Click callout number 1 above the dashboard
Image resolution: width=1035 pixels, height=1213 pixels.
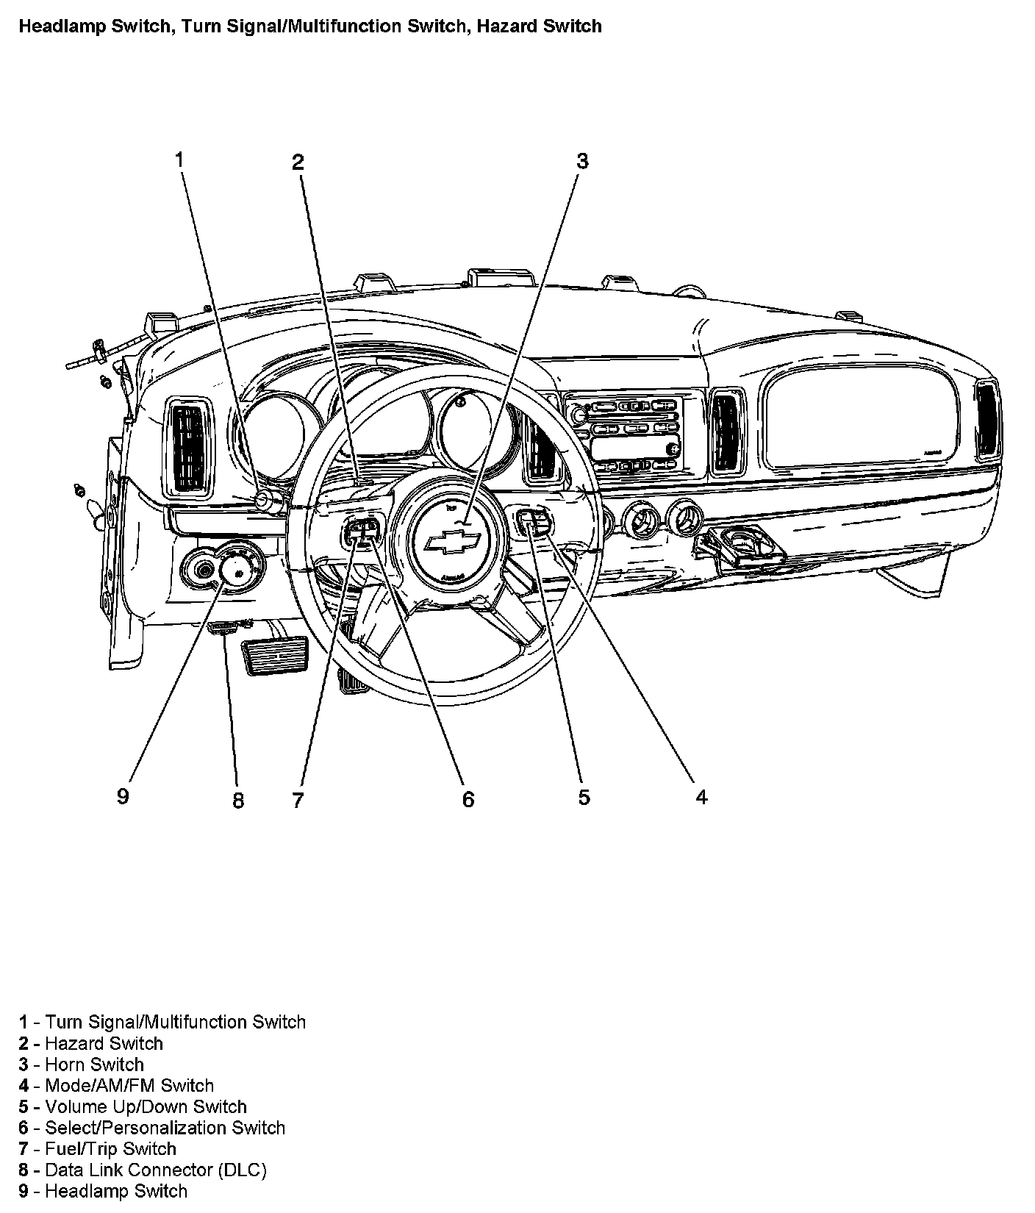tap(179, 159)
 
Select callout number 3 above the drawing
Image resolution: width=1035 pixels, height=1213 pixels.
tap(582, 161)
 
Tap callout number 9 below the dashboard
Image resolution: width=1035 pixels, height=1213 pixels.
tap(123, 795)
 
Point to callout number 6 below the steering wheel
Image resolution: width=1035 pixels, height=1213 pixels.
tap(468, 798)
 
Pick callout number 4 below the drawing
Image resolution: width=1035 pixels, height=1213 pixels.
tap(701, 797)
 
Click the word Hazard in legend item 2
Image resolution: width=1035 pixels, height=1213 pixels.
tap(71, 1043)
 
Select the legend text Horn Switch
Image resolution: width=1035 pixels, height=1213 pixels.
tap(94, 1064)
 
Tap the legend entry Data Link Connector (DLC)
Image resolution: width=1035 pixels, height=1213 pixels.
tap(155, 1170)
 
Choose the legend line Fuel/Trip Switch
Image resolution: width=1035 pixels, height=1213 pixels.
tap(110, 1148)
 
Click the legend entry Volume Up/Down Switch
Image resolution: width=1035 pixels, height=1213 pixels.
tap(146, 1106)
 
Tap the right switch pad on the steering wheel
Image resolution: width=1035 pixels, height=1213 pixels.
tap(534, 522)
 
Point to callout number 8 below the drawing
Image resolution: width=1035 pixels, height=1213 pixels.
tap(237, 800)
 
